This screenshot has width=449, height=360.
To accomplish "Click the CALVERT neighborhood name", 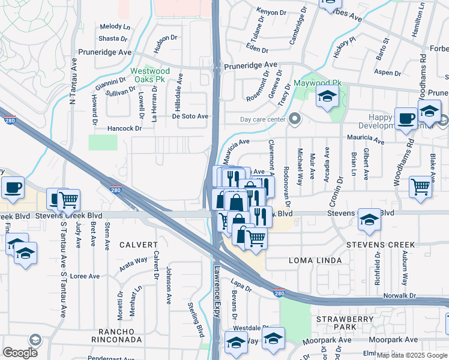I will [138, 245].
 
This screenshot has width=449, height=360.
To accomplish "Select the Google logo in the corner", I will [20, 352].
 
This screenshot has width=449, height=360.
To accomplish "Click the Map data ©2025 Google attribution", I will [412, 355].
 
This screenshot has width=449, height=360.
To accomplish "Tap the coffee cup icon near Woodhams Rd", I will [406, 119].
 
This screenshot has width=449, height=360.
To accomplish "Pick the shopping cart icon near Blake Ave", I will [421, 186].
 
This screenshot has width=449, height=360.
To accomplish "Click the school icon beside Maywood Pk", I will [327, 97].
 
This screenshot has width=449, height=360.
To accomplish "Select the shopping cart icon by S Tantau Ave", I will [68, 199].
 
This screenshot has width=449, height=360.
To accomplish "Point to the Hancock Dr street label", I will [124, 128].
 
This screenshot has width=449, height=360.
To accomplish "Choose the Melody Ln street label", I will [115, 26].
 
